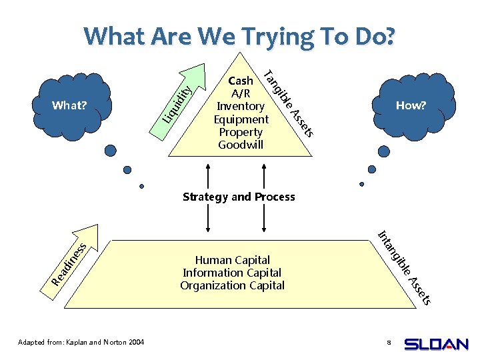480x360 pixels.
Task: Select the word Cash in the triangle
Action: click(x=241, y=81)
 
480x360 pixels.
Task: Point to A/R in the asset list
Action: click(x=241, y=93)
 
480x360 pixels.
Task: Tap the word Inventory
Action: click(x=241, y=106)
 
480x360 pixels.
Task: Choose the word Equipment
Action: click(x=241, y=119)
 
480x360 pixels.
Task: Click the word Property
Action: click(x=241, y=132)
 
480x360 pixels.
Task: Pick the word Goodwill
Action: click(x=241, y=145)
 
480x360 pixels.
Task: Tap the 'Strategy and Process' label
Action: click(x=239, y=197)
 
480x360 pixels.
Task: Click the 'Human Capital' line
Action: click(x=232, y=260)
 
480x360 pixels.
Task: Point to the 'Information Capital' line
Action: click(x=232, y=273)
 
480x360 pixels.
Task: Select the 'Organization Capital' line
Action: click(x=232, y=285)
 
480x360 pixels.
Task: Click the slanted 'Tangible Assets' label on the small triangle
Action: click(x=288, y=101)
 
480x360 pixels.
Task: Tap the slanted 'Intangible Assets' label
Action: click(x=405, y=267)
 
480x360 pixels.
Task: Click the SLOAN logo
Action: click(x=437, y=344)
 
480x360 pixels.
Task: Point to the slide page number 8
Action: click(x=388, y=343)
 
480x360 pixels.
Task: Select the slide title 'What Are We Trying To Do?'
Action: click(x=239, y=36)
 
